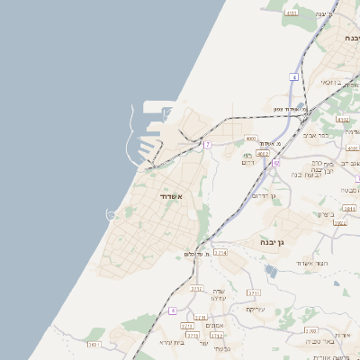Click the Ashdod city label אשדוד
pyautogui.click(x=171, y=196)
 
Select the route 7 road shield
pyautogui.click(x=207, y=144)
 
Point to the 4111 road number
pyautogui.click(x=291, y=13)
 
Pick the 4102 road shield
pyautogui.click(x=342, y=119)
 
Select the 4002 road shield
pyautogui.click(x=263, y=154)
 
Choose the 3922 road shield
pyautogui.click(x=339, y=222)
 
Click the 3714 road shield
pyautogui.click(x=220, y=253)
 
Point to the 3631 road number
pyautogui.click(x=94, y=344)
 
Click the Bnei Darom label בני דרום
pyautogui.click(x=252, y=159)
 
